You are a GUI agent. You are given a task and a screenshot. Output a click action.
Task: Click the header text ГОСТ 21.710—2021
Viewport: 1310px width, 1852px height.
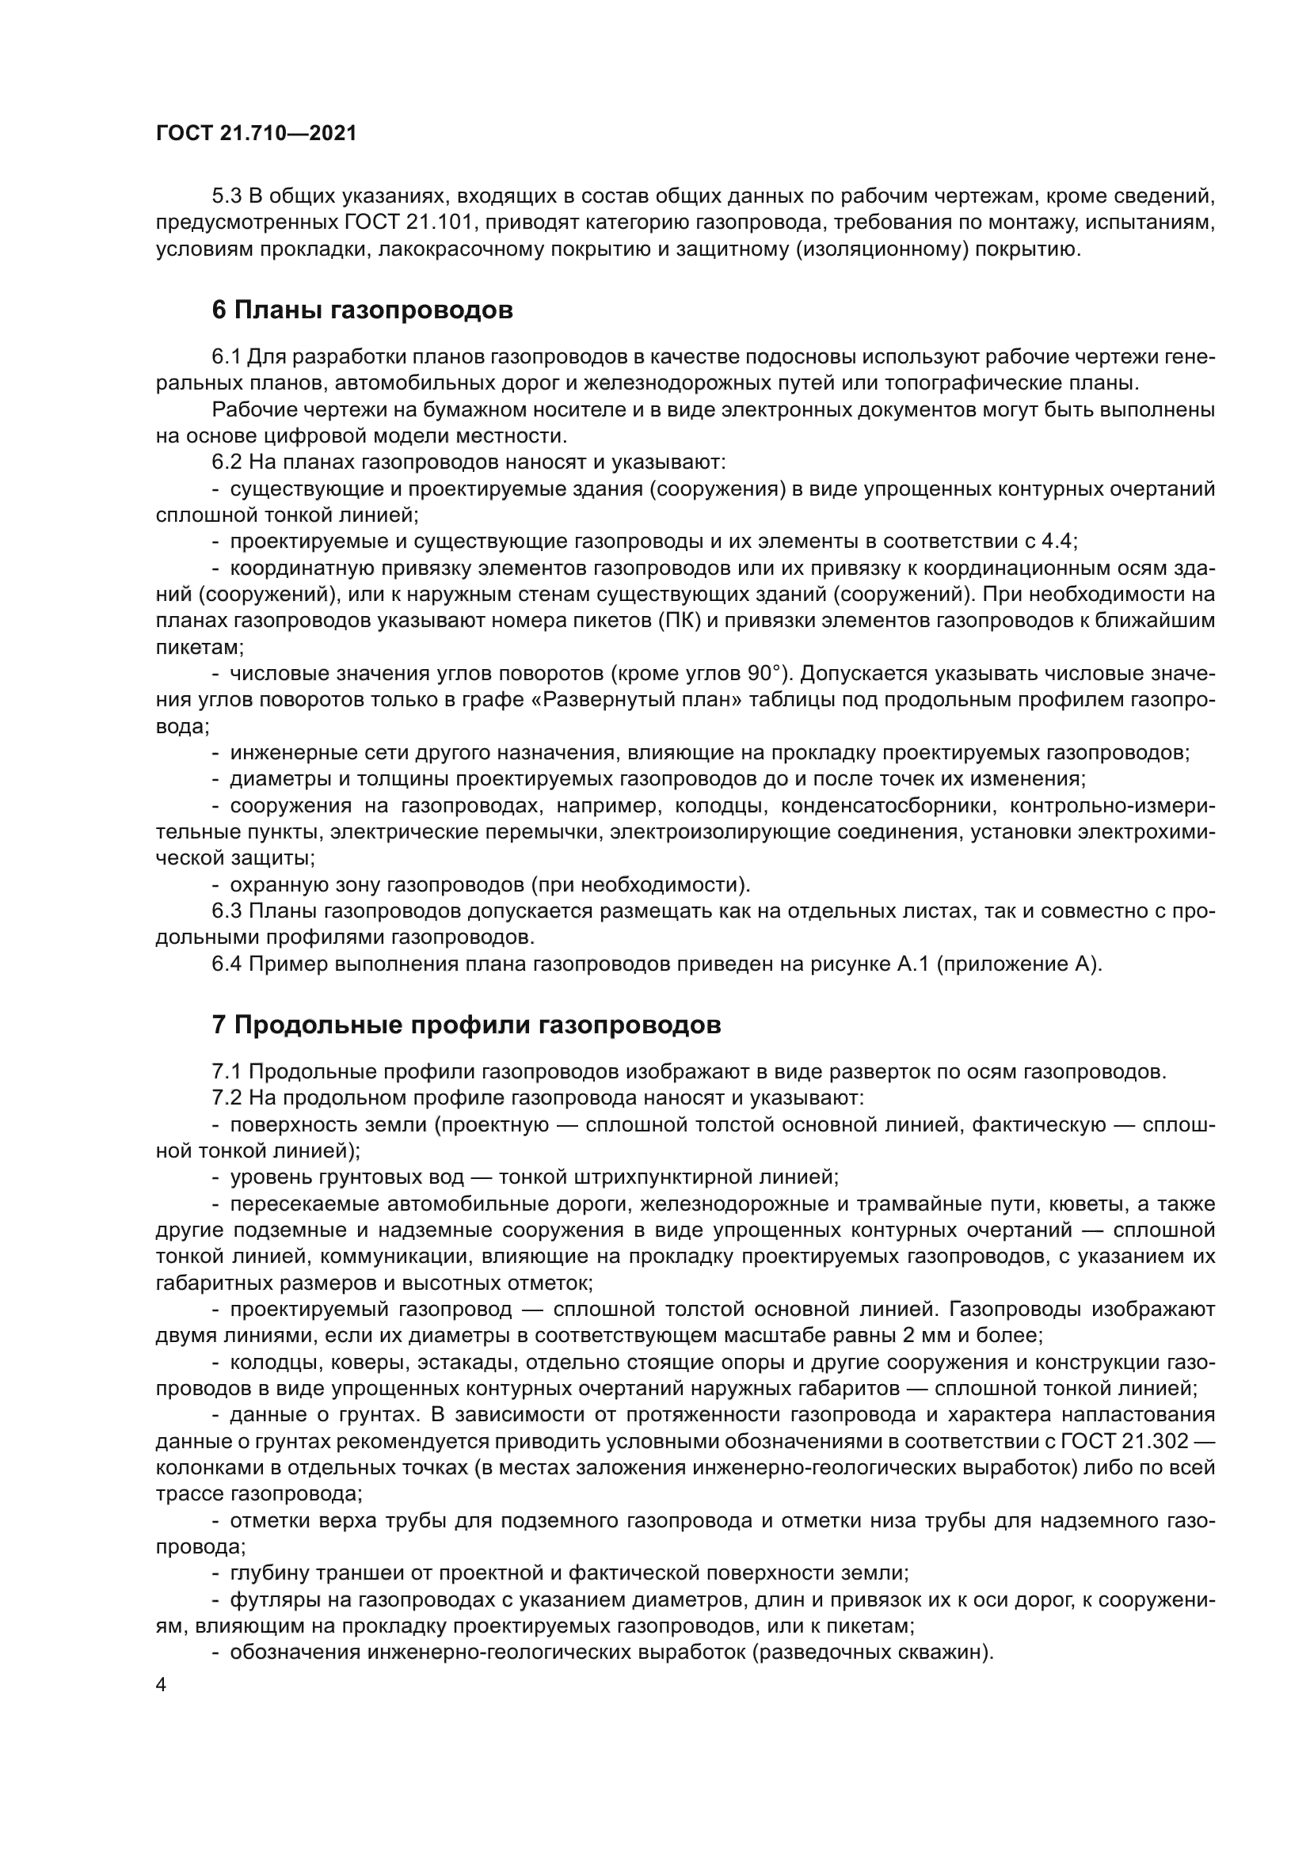[256, 134]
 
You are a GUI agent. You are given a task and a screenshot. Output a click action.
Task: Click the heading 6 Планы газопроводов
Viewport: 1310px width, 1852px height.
[362, 310]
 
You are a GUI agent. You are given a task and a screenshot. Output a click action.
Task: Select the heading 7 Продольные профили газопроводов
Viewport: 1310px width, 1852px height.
[466, 1025]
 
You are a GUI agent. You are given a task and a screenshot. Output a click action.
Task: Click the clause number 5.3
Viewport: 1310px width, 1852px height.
[227, 196]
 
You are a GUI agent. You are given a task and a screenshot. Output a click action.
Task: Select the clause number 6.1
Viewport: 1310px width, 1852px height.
[227, 356]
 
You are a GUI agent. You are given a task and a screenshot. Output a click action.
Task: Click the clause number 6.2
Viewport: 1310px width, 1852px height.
[227, 462]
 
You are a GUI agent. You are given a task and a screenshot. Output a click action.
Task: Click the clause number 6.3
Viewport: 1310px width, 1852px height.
[227, 911]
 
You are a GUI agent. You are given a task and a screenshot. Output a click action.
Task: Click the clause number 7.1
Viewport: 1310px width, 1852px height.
[227, 1072]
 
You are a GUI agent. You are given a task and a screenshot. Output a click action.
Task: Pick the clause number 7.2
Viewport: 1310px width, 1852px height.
[227, 1097]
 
